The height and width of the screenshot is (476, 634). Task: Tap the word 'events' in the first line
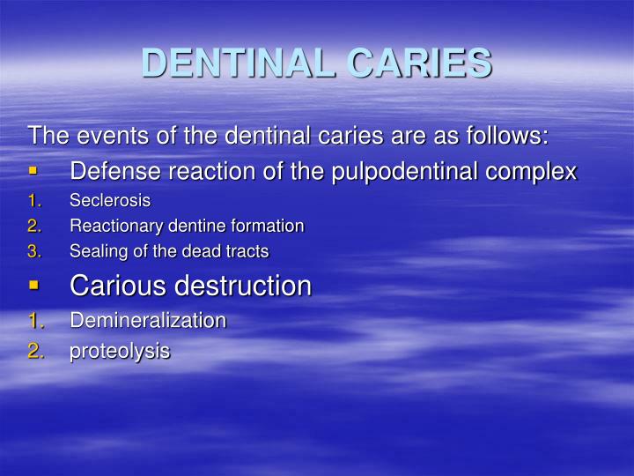[107, 137]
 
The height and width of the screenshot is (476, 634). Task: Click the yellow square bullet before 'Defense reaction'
[33, 169]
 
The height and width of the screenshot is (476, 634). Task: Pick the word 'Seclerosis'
[110, 200]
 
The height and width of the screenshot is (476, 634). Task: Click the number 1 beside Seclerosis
[33, 200]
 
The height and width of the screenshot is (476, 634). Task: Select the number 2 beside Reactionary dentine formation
[33, 226]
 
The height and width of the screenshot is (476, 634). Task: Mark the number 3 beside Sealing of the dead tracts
[33, 251]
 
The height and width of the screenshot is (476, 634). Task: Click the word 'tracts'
[247, 251]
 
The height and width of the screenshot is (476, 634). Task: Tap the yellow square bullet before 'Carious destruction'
[33, 285]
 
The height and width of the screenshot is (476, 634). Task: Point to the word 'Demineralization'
[148, 320]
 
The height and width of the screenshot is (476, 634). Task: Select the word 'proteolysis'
[120, 352]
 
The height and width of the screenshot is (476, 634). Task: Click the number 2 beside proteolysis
[35, 351]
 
